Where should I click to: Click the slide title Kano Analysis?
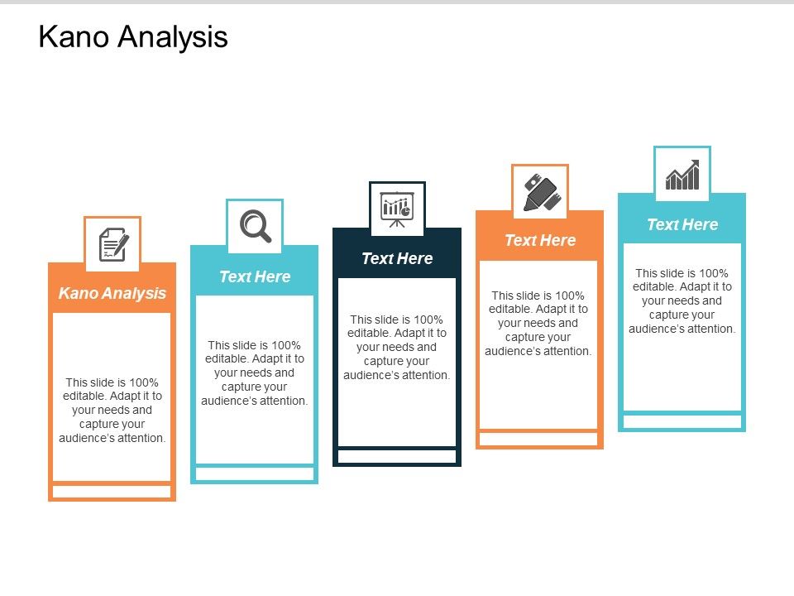133,37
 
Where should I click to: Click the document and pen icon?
112,245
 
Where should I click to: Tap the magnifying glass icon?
255,226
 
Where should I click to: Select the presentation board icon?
397,209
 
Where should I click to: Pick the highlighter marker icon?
540,192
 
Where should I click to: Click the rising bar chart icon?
682,175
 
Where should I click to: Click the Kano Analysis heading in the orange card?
112,293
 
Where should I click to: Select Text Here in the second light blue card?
255,276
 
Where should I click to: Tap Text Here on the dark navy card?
397,258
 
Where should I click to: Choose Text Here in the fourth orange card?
540,240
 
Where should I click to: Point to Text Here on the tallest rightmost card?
682,224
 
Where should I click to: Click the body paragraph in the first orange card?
112,410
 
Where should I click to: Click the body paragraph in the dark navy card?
397,347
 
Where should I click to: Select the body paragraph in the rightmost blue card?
682,300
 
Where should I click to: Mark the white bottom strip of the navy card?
397,456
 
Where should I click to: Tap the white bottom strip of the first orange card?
112,492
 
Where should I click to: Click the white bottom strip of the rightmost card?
682,421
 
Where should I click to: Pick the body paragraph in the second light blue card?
255,372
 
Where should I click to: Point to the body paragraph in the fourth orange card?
540,323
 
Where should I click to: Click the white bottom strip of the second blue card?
255,473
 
